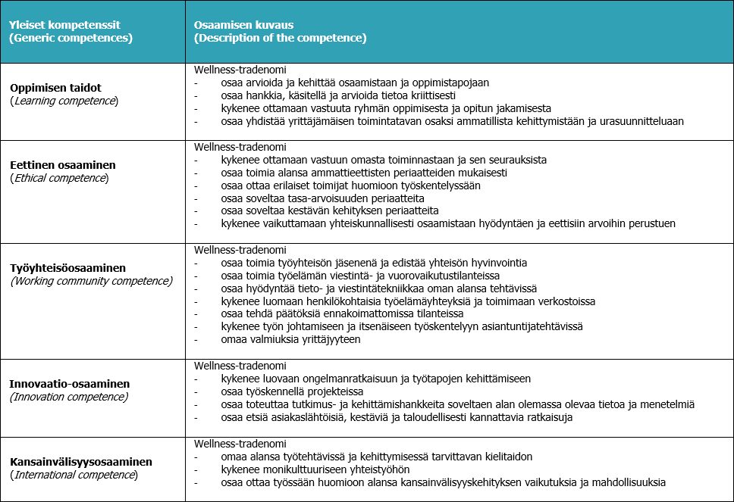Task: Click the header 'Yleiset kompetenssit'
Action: (65, 24)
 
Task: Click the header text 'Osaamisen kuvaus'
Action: (240, 24)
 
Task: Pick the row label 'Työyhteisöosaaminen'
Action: (68, 268)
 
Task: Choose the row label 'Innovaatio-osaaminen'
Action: (70, 384)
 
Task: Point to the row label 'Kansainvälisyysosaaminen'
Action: (81, 462)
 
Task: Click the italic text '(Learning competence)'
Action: (64, 101)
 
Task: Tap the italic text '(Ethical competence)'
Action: (59, 179)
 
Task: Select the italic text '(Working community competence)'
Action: (91, 281)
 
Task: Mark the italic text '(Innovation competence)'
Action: (69, 397)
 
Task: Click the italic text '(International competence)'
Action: (74, 475)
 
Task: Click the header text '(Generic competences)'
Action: (71, 37)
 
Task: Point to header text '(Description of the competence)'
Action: (281, 37)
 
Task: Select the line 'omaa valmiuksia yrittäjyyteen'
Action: (290, 339)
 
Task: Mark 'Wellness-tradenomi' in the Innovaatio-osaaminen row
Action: (240, 366)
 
